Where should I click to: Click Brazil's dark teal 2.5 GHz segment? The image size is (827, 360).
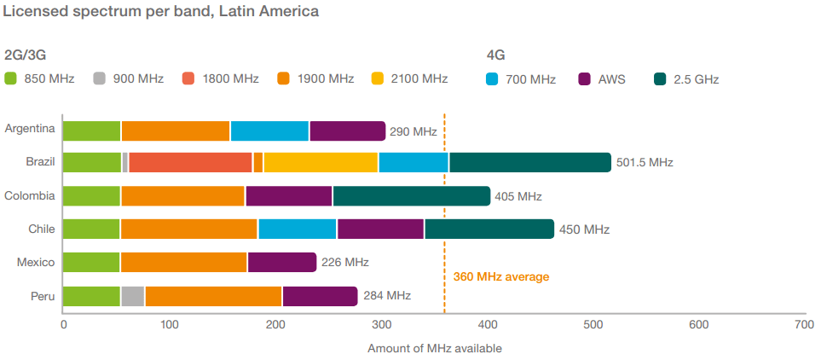(529, 162)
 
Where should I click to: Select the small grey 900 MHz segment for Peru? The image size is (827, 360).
(132, 296)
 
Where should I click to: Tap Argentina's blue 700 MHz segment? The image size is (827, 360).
(269, 131)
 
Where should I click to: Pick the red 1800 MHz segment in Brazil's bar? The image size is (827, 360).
(190, 162)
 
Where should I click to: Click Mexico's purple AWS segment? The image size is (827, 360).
(281, 262)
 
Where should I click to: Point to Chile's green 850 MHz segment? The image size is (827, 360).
(91, 229)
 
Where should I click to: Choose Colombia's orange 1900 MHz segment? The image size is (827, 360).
(182, 195)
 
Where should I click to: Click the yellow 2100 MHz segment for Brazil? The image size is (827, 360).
(321, 162)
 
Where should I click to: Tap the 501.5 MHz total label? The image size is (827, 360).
(645, 163)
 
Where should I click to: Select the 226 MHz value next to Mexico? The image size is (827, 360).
(345, 263)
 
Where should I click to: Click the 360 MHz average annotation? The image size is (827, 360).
(501, 276)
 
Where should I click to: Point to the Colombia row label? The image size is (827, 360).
(30, 195)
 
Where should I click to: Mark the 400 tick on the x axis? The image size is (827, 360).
(488, 324)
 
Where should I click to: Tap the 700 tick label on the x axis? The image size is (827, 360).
(803, 324)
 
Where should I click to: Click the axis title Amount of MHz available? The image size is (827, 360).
(434, 348)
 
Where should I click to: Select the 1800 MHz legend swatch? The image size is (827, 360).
(189, 79)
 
